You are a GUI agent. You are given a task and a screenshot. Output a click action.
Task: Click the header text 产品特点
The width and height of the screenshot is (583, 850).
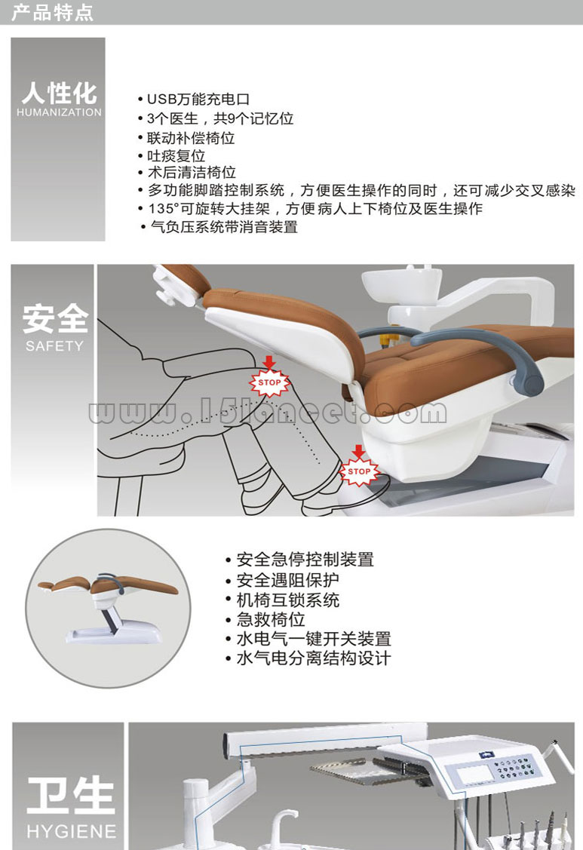[52, 12]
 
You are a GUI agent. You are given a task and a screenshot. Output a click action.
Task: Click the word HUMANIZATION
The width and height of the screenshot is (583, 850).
[59, 112]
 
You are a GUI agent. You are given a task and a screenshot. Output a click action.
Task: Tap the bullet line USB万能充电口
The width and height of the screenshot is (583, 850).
[194, 100]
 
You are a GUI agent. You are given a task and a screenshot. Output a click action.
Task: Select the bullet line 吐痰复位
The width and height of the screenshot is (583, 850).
[171, 156]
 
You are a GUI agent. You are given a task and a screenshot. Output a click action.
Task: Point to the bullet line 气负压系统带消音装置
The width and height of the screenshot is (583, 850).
[219, 226]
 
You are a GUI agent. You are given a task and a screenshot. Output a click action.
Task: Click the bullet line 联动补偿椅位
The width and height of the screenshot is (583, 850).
[186, 138]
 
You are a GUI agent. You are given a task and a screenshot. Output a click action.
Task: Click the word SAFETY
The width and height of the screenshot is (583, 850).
[55, 345]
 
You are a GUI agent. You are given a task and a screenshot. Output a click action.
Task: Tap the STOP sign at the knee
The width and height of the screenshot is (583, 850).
[269, 382]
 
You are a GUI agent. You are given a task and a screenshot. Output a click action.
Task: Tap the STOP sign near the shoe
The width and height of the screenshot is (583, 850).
[359, 471]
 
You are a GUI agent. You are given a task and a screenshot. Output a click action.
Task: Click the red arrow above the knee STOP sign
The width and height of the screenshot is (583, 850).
[269, 362]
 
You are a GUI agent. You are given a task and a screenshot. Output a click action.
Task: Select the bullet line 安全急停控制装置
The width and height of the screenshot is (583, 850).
[299, 560]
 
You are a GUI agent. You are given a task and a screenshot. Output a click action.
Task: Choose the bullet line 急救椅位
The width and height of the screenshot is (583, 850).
[265, 619]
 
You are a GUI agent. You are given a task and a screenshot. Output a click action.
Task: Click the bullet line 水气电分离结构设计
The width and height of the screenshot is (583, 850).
[308, 658]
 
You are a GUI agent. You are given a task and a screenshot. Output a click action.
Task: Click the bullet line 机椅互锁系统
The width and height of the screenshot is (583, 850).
[283, 600]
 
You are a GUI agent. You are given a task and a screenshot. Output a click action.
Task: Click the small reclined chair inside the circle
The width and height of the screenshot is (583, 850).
[109, 606]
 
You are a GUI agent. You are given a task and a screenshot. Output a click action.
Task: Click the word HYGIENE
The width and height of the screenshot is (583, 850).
[72, 831]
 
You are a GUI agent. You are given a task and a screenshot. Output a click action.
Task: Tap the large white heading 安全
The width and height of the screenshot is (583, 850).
[55, 319]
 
